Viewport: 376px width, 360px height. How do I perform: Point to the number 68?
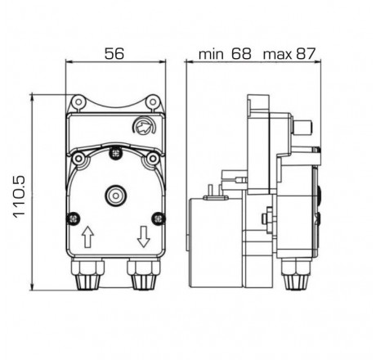coord(242,55)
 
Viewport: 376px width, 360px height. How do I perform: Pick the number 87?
coord(307,55)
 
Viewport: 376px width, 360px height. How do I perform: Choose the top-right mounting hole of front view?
coord(152,101)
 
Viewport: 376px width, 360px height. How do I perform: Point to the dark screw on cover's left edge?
coord(69,218)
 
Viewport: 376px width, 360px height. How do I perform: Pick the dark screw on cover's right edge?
coord(161,218)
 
